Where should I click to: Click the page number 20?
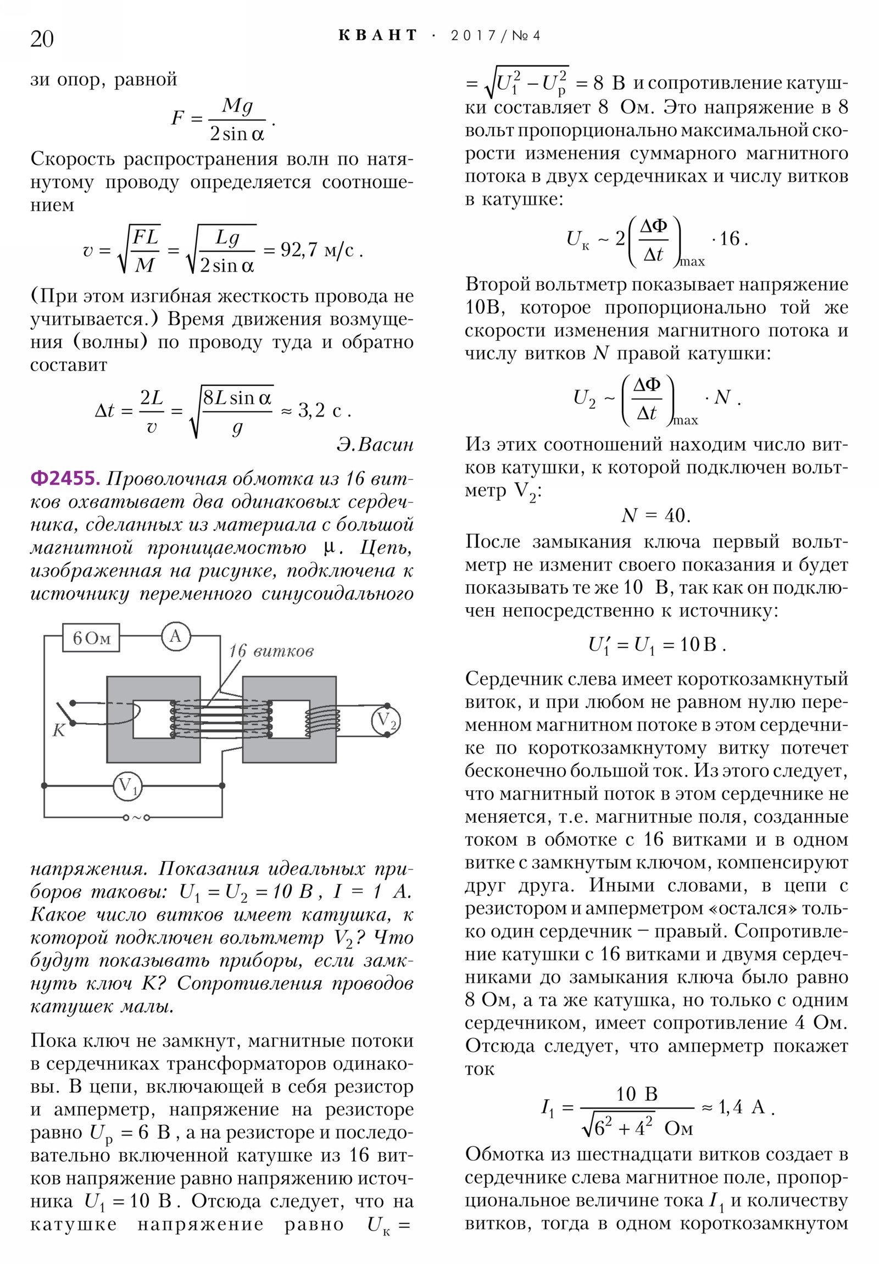[x=42, y=39]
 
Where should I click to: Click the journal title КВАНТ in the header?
[x=377, y=36]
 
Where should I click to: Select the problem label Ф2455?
[x=65, y=479]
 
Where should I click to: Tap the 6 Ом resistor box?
[x=91, y=637]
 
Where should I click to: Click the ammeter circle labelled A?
[x=176, y=636]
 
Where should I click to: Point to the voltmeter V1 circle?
[x=127, y=785]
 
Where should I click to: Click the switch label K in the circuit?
[x=58, y=730]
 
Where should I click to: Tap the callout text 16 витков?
[x=271, y=651]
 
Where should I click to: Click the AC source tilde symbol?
[x=136, y=818]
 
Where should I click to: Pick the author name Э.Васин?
[x=375, y=445]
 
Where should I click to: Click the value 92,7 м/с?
[x=317, y=251]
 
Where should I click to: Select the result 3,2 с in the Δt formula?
[x=320, y=410]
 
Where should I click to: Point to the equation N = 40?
[x=655, y=516]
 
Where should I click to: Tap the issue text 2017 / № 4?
[x=495, y=36]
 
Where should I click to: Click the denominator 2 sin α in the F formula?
[x=237, y=134]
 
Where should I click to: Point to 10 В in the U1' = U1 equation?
[x=698, y=644]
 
